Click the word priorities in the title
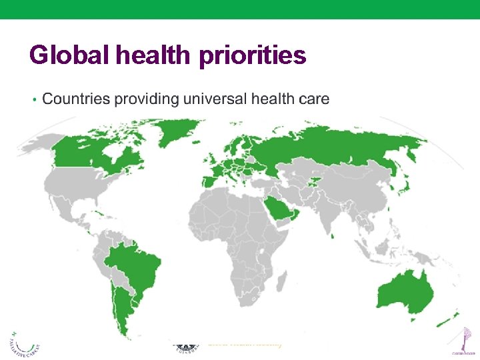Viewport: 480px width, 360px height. click(253, 56)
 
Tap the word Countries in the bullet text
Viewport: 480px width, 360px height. click(76, 99)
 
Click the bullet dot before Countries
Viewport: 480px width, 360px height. click(33, 100)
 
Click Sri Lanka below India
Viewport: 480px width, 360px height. click(332, 233)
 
